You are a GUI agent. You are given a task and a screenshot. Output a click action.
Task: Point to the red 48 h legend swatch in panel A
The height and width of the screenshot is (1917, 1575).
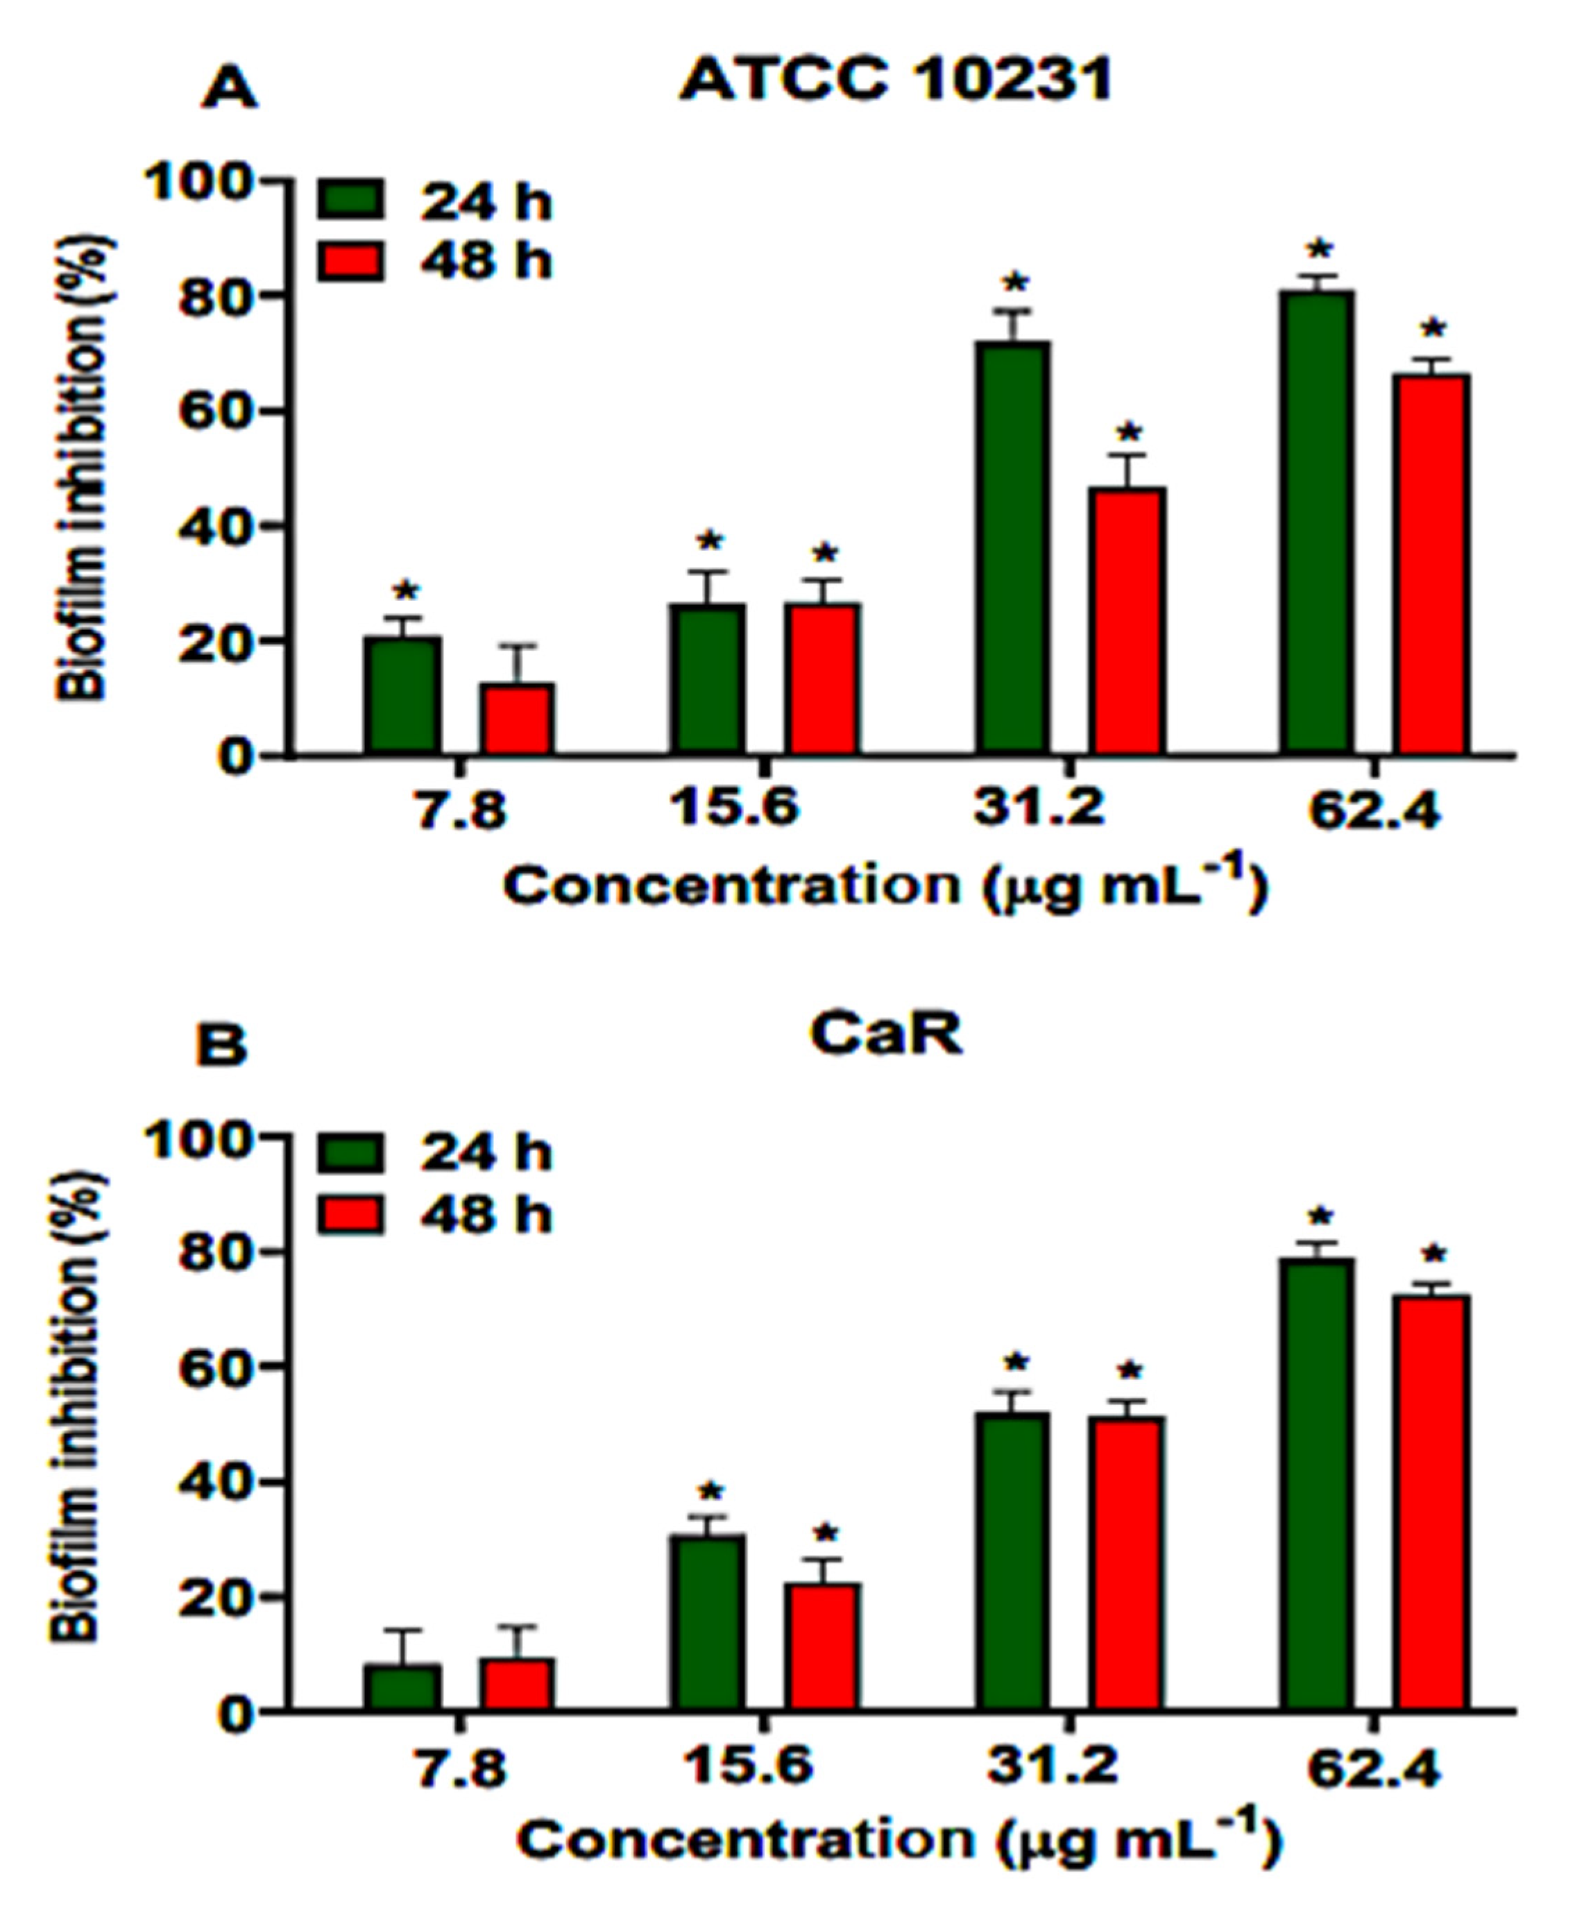[350, 262]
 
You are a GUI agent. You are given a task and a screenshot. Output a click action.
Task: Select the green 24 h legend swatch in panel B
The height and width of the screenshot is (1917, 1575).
[350, 1153]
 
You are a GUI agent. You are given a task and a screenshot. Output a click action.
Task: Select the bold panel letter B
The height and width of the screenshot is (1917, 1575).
[221, 1044]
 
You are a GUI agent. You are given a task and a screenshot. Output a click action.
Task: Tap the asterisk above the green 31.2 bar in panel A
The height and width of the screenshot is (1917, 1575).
[1015, 283]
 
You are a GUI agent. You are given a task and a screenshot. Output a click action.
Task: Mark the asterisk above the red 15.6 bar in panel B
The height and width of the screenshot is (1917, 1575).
[825, 1534]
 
